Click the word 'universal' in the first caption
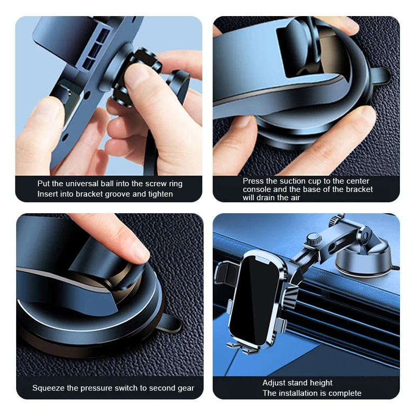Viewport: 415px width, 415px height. tap(84, 184)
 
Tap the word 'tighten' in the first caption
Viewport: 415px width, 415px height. tap(158, 194)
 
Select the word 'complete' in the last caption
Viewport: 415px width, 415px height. tap(343, 393)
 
